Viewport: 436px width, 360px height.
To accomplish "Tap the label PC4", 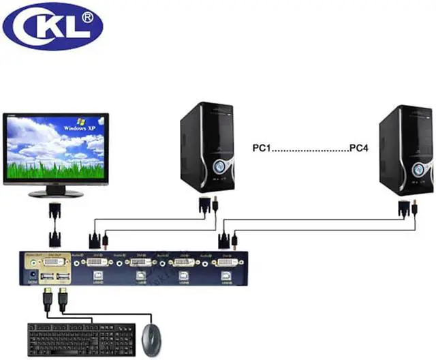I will pos(358,147).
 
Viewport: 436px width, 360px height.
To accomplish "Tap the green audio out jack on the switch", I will pos(33,262).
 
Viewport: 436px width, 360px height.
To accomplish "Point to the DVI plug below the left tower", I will pos(204,205).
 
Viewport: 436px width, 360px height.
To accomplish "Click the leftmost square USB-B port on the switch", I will pos(97,277).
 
